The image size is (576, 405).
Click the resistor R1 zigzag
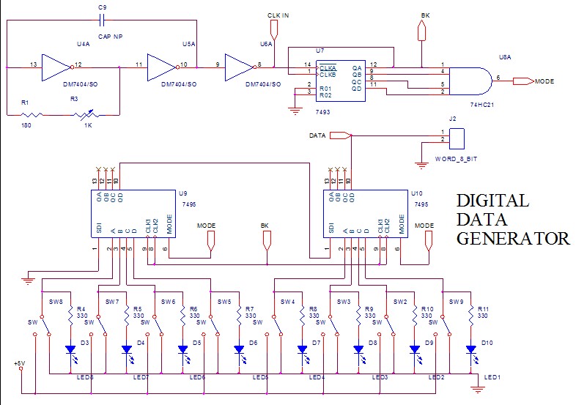[31, 114]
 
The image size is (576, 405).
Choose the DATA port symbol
[339, 135]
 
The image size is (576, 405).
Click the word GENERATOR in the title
[512, 238]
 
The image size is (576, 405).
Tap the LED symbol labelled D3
[71, 349]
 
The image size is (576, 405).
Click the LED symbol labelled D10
[472, 349]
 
